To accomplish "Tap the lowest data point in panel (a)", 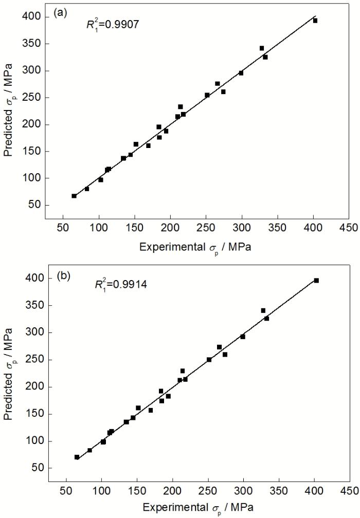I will coord(74,196).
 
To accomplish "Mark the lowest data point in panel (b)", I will coord(77,457).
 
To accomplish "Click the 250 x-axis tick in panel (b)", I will coord(208,489).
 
